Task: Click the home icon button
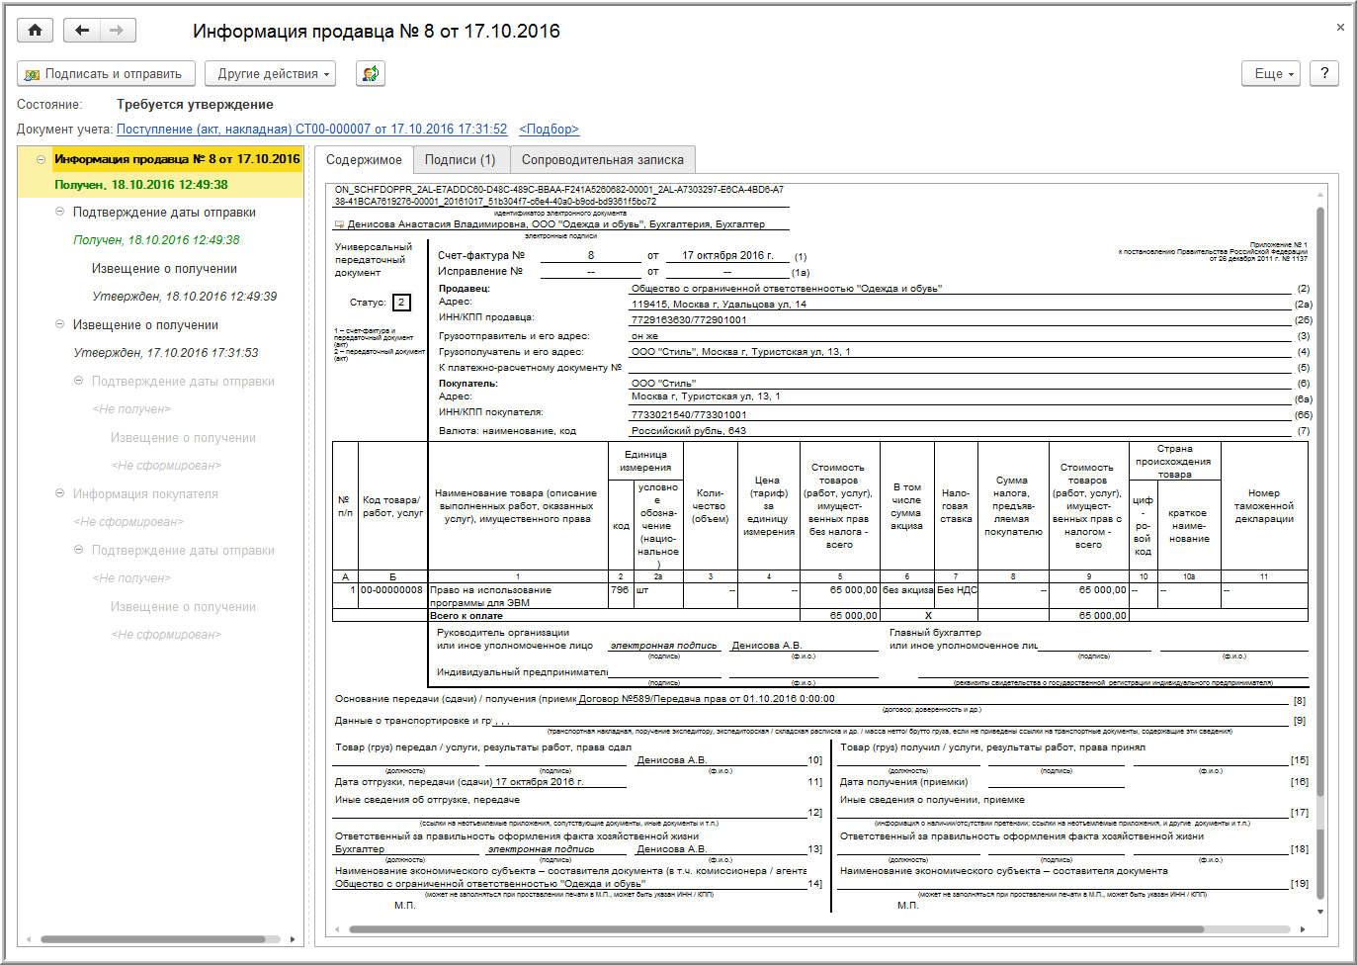tap(35, 31)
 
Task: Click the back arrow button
tap(82, 31)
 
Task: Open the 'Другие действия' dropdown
tap(270, 74)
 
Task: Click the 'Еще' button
tap(1273, 74)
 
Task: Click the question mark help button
tap(1324, 73)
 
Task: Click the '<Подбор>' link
tap(549, 130)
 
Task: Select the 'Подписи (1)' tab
tap(460, 160)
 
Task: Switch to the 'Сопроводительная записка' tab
tap(602, 160)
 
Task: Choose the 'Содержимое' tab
tap(364, 160)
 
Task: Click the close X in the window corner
tap(1340, 28)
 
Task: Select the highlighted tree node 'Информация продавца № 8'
tap(176, 159)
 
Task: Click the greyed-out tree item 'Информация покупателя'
tap(145, 494)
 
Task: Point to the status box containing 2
tap(401, 303)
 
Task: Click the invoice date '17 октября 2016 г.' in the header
tap(727, 255)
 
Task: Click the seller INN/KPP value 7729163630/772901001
tap(689, 320)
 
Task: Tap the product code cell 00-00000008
tap(391, 590)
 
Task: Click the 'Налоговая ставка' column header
tap(956, 505)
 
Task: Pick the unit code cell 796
tap(620, 590)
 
